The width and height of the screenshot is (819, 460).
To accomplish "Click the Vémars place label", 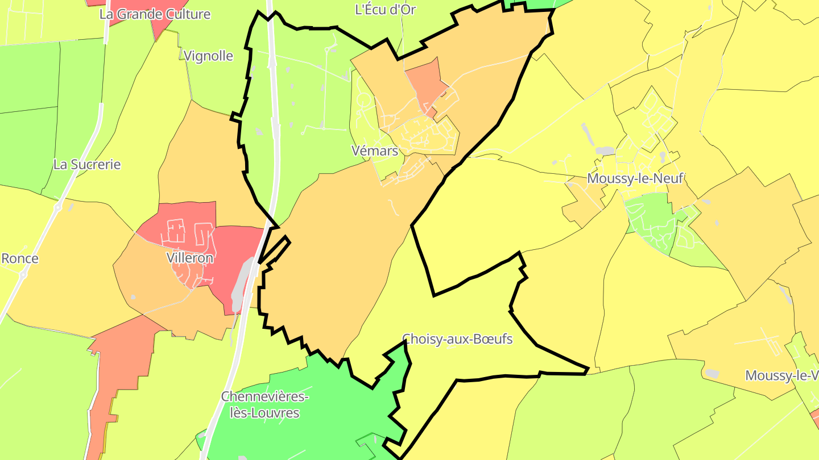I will tap(374, 150).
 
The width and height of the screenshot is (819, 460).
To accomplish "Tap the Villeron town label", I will tap(190, 258).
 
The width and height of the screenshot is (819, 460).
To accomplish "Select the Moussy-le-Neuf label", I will tap(635, 178).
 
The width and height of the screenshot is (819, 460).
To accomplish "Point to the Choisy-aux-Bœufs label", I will tap(457, 339).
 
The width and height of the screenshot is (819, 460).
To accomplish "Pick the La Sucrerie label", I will tap(87, 164).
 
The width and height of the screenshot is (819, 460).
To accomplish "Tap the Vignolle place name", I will tap(209, 56).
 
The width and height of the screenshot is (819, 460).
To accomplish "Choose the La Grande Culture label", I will tap(155, 14).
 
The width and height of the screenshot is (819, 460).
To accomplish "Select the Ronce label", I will tap(20, 258).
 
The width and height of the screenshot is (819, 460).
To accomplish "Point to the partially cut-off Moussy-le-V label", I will tap(781, 375).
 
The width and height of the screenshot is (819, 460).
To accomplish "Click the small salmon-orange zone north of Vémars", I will tap(425, 82).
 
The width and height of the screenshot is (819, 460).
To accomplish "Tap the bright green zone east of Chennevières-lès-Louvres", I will tap(318, 398).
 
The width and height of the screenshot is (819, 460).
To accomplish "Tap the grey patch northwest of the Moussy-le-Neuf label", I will tap(605, 151).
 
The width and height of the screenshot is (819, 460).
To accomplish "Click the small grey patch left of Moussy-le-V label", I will tap(712, 373).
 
